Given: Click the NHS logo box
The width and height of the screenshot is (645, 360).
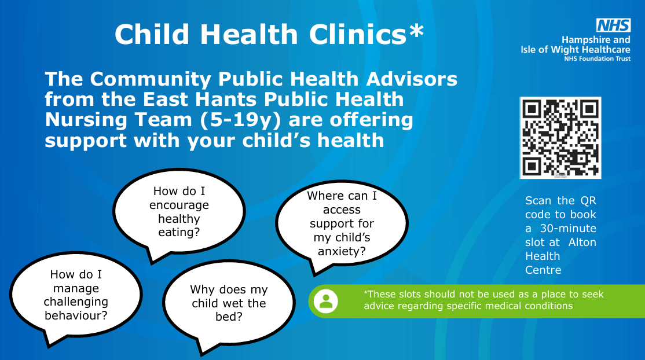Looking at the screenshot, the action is [613, 25].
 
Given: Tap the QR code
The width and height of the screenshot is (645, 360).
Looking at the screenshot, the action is [560, 138].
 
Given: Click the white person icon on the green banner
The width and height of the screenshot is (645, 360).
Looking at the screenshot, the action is [326, 301].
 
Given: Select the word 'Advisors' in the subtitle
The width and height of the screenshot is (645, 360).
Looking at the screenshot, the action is [412, 79].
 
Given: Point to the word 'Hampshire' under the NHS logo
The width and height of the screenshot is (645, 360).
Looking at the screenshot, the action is [584, 40].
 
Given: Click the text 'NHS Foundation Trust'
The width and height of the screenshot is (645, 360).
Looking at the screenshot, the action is [598, 59].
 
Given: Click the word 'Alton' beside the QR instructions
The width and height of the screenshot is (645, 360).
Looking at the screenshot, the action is [582, 243].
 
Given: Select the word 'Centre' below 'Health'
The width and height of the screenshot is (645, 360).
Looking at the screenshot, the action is [543, 270].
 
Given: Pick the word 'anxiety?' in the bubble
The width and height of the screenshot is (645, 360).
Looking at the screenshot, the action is [342, 251].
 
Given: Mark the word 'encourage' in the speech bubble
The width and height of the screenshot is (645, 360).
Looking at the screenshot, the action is [179, 205].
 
